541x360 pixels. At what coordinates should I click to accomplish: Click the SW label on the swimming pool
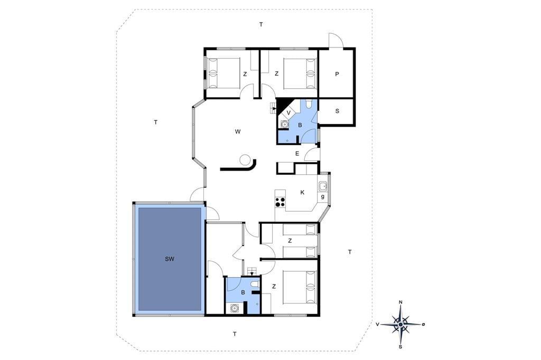[x=170, y=259]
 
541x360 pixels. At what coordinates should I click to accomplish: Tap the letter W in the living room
[x=238, y=131]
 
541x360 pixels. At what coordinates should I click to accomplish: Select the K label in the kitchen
[x=303, y=193]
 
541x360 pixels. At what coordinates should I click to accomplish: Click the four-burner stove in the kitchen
[x=280, y=202]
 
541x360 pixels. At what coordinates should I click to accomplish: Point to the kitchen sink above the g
[x=323, y=186]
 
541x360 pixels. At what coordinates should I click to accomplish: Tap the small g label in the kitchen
[x=323, y=196]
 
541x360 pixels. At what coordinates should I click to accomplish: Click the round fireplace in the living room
[x=245, y=159]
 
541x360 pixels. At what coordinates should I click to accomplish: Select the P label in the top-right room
[x=337, y=74]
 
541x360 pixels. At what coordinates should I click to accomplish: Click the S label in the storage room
[x=337, y=111]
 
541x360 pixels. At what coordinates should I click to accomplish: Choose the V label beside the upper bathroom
[x=289, y=113]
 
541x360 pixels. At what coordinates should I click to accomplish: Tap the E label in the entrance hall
[x=297, y=154]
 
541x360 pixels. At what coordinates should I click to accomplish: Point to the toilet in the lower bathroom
[x=255, y=284]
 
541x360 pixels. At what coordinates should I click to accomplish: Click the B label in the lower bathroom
[x=243, y=292]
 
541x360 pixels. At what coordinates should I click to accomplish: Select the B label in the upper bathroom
[x=300, y=125]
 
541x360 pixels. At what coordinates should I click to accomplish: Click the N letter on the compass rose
[x=400, y=302]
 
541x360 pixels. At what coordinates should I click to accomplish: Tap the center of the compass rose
[x=400, y=325]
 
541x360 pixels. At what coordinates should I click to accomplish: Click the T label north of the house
[x=261, y=24]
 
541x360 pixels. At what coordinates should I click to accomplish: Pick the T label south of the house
[x=235, y=334]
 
